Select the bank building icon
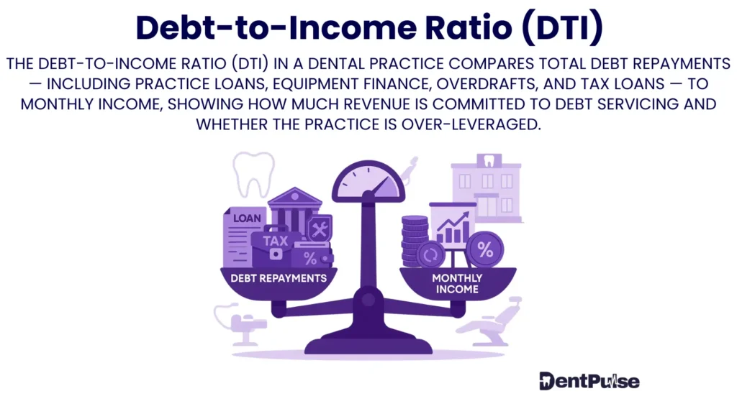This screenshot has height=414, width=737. click(x=294, y=208)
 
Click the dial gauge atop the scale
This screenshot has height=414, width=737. click(x=368, y=183)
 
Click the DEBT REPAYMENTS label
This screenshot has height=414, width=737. click(x=279, y=277)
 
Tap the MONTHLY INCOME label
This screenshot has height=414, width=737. click(x=458, y=282)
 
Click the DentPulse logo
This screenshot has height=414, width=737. click(x=589, y=381)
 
